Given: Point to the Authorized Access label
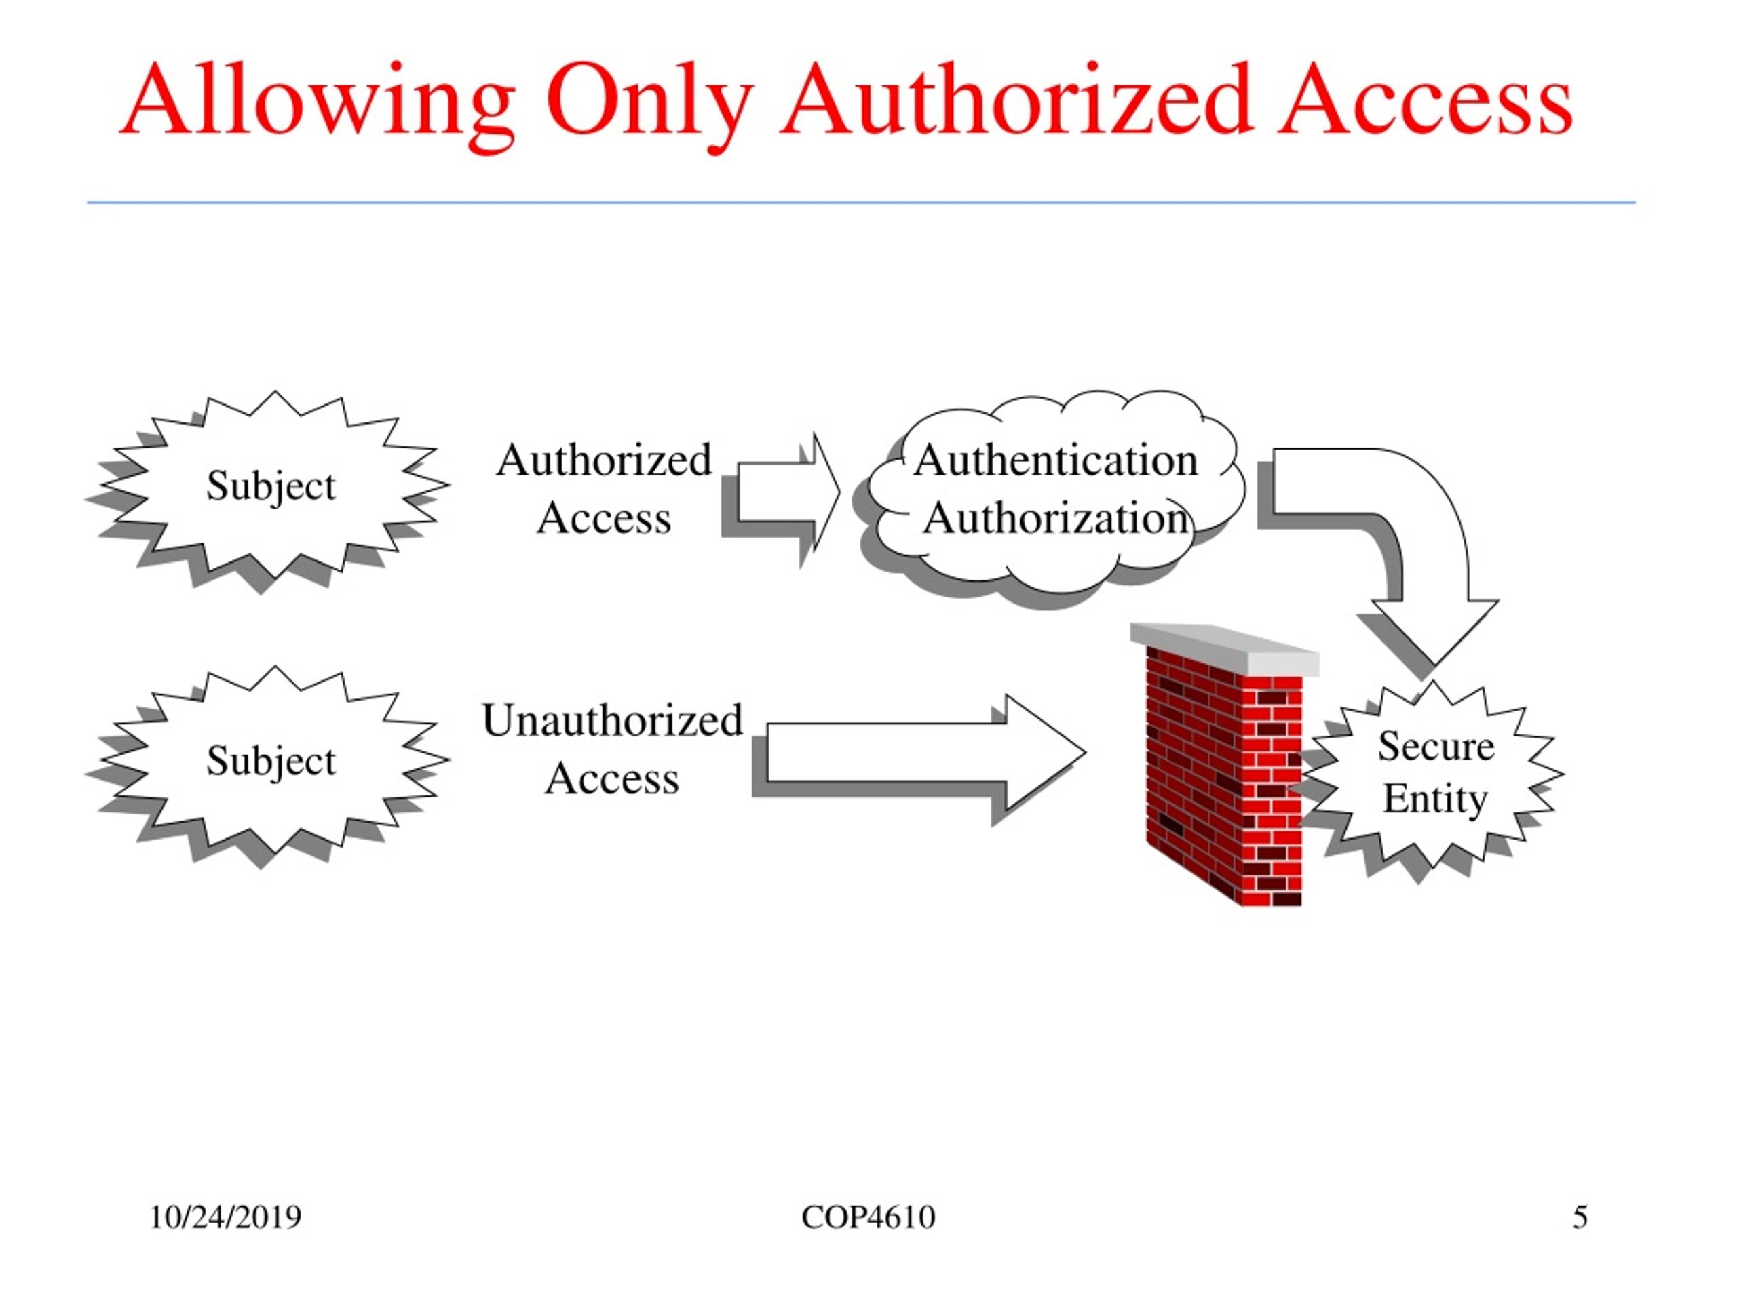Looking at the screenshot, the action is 604,488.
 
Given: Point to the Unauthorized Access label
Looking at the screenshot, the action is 612,749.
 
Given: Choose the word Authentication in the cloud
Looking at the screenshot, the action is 1056,460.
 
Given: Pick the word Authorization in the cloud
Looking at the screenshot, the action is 1056,519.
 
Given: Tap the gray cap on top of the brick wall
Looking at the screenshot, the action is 1225,649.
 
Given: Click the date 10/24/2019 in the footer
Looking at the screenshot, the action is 225,1217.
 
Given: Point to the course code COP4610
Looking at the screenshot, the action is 868,1217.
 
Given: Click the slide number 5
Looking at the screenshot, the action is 1580,1217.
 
